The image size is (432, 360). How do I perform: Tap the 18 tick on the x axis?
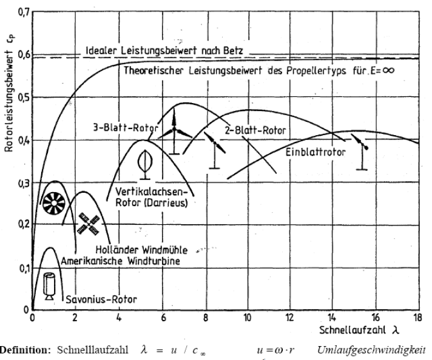pyautogui.click(x=418, y=318)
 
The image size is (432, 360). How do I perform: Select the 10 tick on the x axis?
pyautogui.click(x=247, y=318)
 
